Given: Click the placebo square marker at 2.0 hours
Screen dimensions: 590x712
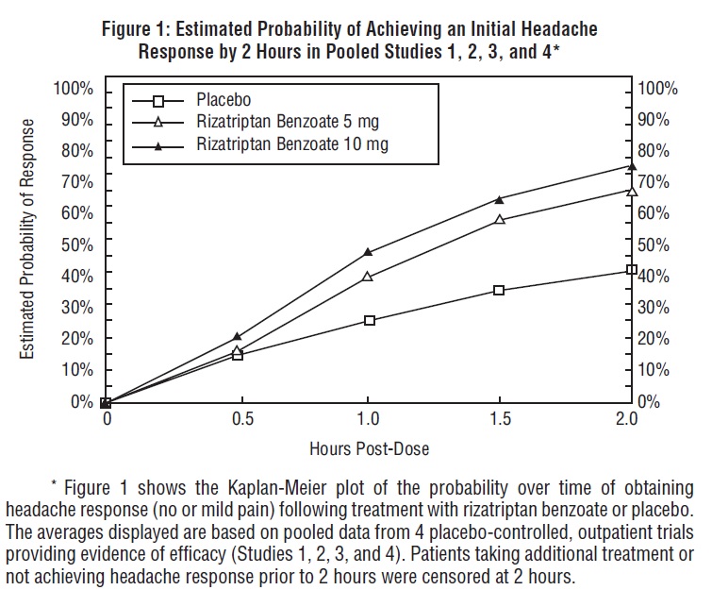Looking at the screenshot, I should click(x=631, y=270).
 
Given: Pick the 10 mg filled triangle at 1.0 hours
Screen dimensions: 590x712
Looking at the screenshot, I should click(x=368, y=252).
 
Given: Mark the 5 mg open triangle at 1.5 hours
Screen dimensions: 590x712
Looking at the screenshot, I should click(x=500, y=219).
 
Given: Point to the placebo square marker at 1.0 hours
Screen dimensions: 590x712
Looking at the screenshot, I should click(x=370, y=320).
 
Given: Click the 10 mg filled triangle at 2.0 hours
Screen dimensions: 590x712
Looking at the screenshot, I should click(x=631, y=165).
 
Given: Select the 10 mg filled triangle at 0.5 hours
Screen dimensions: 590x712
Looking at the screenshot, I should click(x=238, y=336).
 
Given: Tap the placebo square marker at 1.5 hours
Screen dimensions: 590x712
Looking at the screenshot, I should click(x=500, y=290).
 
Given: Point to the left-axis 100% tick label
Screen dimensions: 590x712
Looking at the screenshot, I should click(x=73, y=89).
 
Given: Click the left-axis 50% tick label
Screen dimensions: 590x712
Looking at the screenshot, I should click(x=77, y=244).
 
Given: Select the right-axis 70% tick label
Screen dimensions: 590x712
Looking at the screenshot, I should click(x=657, y=182).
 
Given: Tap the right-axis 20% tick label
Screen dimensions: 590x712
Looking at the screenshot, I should click(x=657, y=338).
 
